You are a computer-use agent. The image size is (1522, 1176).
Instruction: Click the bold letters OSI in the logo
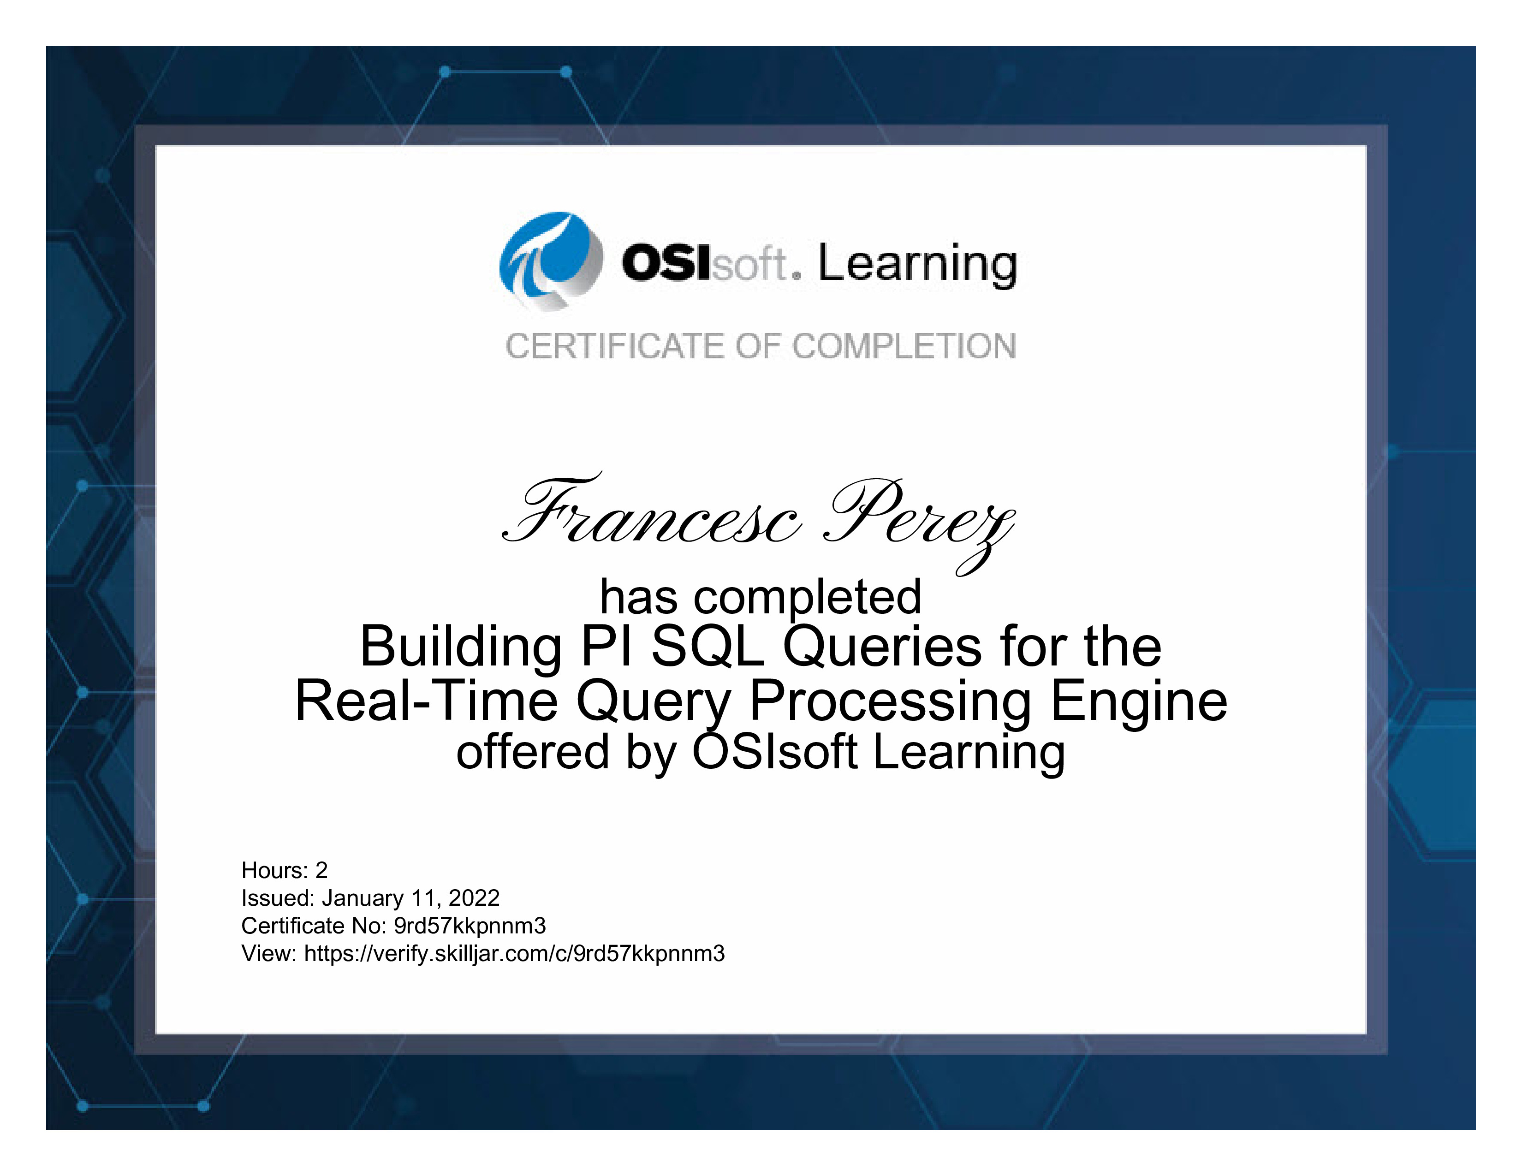tap(666, 263)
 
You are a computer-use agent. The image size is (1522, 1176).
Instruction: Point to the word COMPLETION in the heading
tap(904, 346)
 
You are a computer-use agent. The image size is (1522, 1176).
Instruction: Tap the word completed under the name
tap(808, 599)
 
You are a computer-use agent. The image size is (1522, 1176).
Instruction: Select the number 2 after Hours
tap(321, 870)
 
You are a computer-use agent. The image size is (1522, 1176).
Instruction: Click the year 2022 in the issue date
tap(474, 898)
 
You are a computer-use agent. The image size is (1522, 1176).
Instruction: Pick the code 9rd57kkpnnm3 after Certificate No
tap(470, 926)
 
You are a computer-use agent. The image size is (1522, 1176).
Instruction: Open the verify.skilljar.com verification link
tap(514, 954)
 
